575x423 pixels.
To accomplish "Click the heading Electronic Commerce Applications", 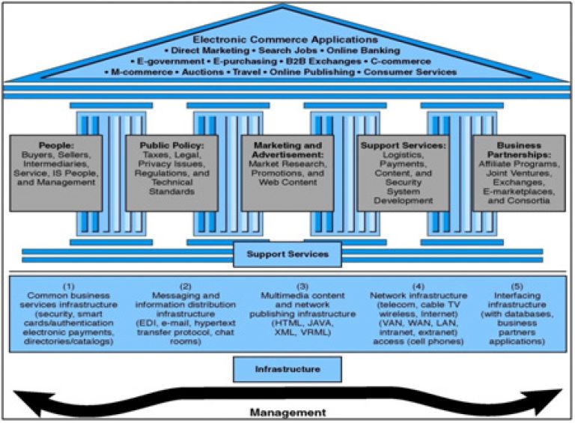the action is [285, 39].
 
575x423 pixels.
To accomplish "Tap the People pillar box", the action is [55, 173].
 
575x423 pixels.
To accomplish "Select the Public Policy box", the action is [171, 173].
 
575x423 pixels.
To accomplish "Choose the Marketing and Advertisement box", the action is [287, 173].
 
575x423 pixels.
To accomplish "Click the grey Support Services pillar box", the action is [403, 173].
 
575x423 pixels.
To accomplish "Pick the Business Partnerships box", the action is [519, 173].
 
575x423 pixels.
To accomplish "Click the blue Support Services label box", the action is [287, 254].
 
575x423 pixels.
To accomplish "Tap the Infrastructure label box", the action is [287, 369].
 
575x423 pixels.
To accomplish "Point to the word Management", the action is [287, 413].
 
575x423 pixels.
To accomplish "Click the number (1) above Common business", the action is [69, 286].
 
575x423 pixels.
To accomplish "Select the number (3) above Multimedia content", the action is [302, 286].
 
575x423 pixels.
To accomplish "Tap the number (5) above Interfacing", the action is [517, 286].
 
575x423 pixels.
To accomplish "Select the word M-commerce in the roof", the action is [142, 72].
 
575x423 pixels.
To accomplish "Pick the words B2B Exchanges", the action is [323, 61].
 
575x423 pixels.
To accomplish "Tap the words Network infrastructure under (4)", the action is [419, 296].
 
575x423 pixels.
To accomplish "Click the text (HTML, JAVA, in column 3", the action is [302, 323].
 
